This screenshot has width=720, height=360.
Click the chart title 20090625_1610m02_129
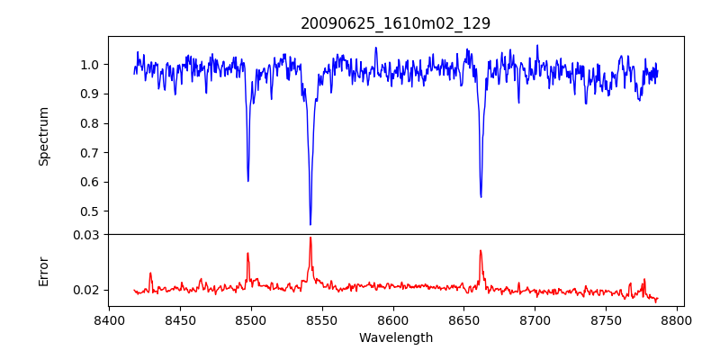(395, 23)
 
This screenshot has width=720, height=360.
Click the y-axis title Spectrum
(44, 136)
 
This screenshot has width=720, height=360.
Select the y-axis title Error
(44, 271)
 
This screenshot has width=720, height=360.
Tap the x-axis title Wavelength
(395, 338)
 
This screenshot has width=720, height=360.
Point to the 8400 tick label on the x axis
(109, 320)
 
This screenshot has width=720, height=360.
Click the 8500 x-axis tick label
(251, 320)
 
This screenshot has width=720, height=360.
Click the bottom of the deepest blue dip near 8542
(310, 224)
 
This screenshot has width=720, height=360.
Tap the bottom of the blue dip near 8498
(248, 181)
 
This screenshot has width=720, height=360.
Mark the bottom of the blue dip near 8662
(481, 196)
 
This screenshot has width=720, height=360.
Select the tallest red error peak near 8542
(310, 238)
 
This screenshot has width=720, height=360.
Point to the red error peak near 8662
(481, 250)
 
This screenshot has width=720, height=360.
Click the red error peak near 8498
(247, 253)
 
